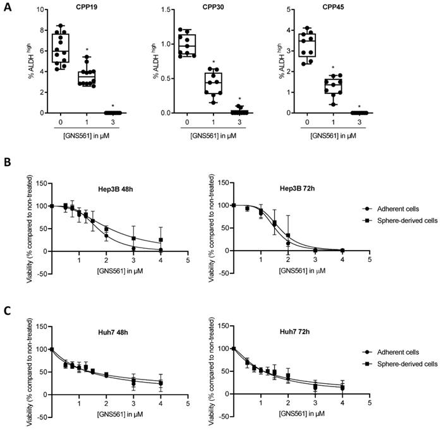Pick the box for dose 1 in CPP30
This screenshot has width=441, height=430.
click(x=215, y=82)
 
